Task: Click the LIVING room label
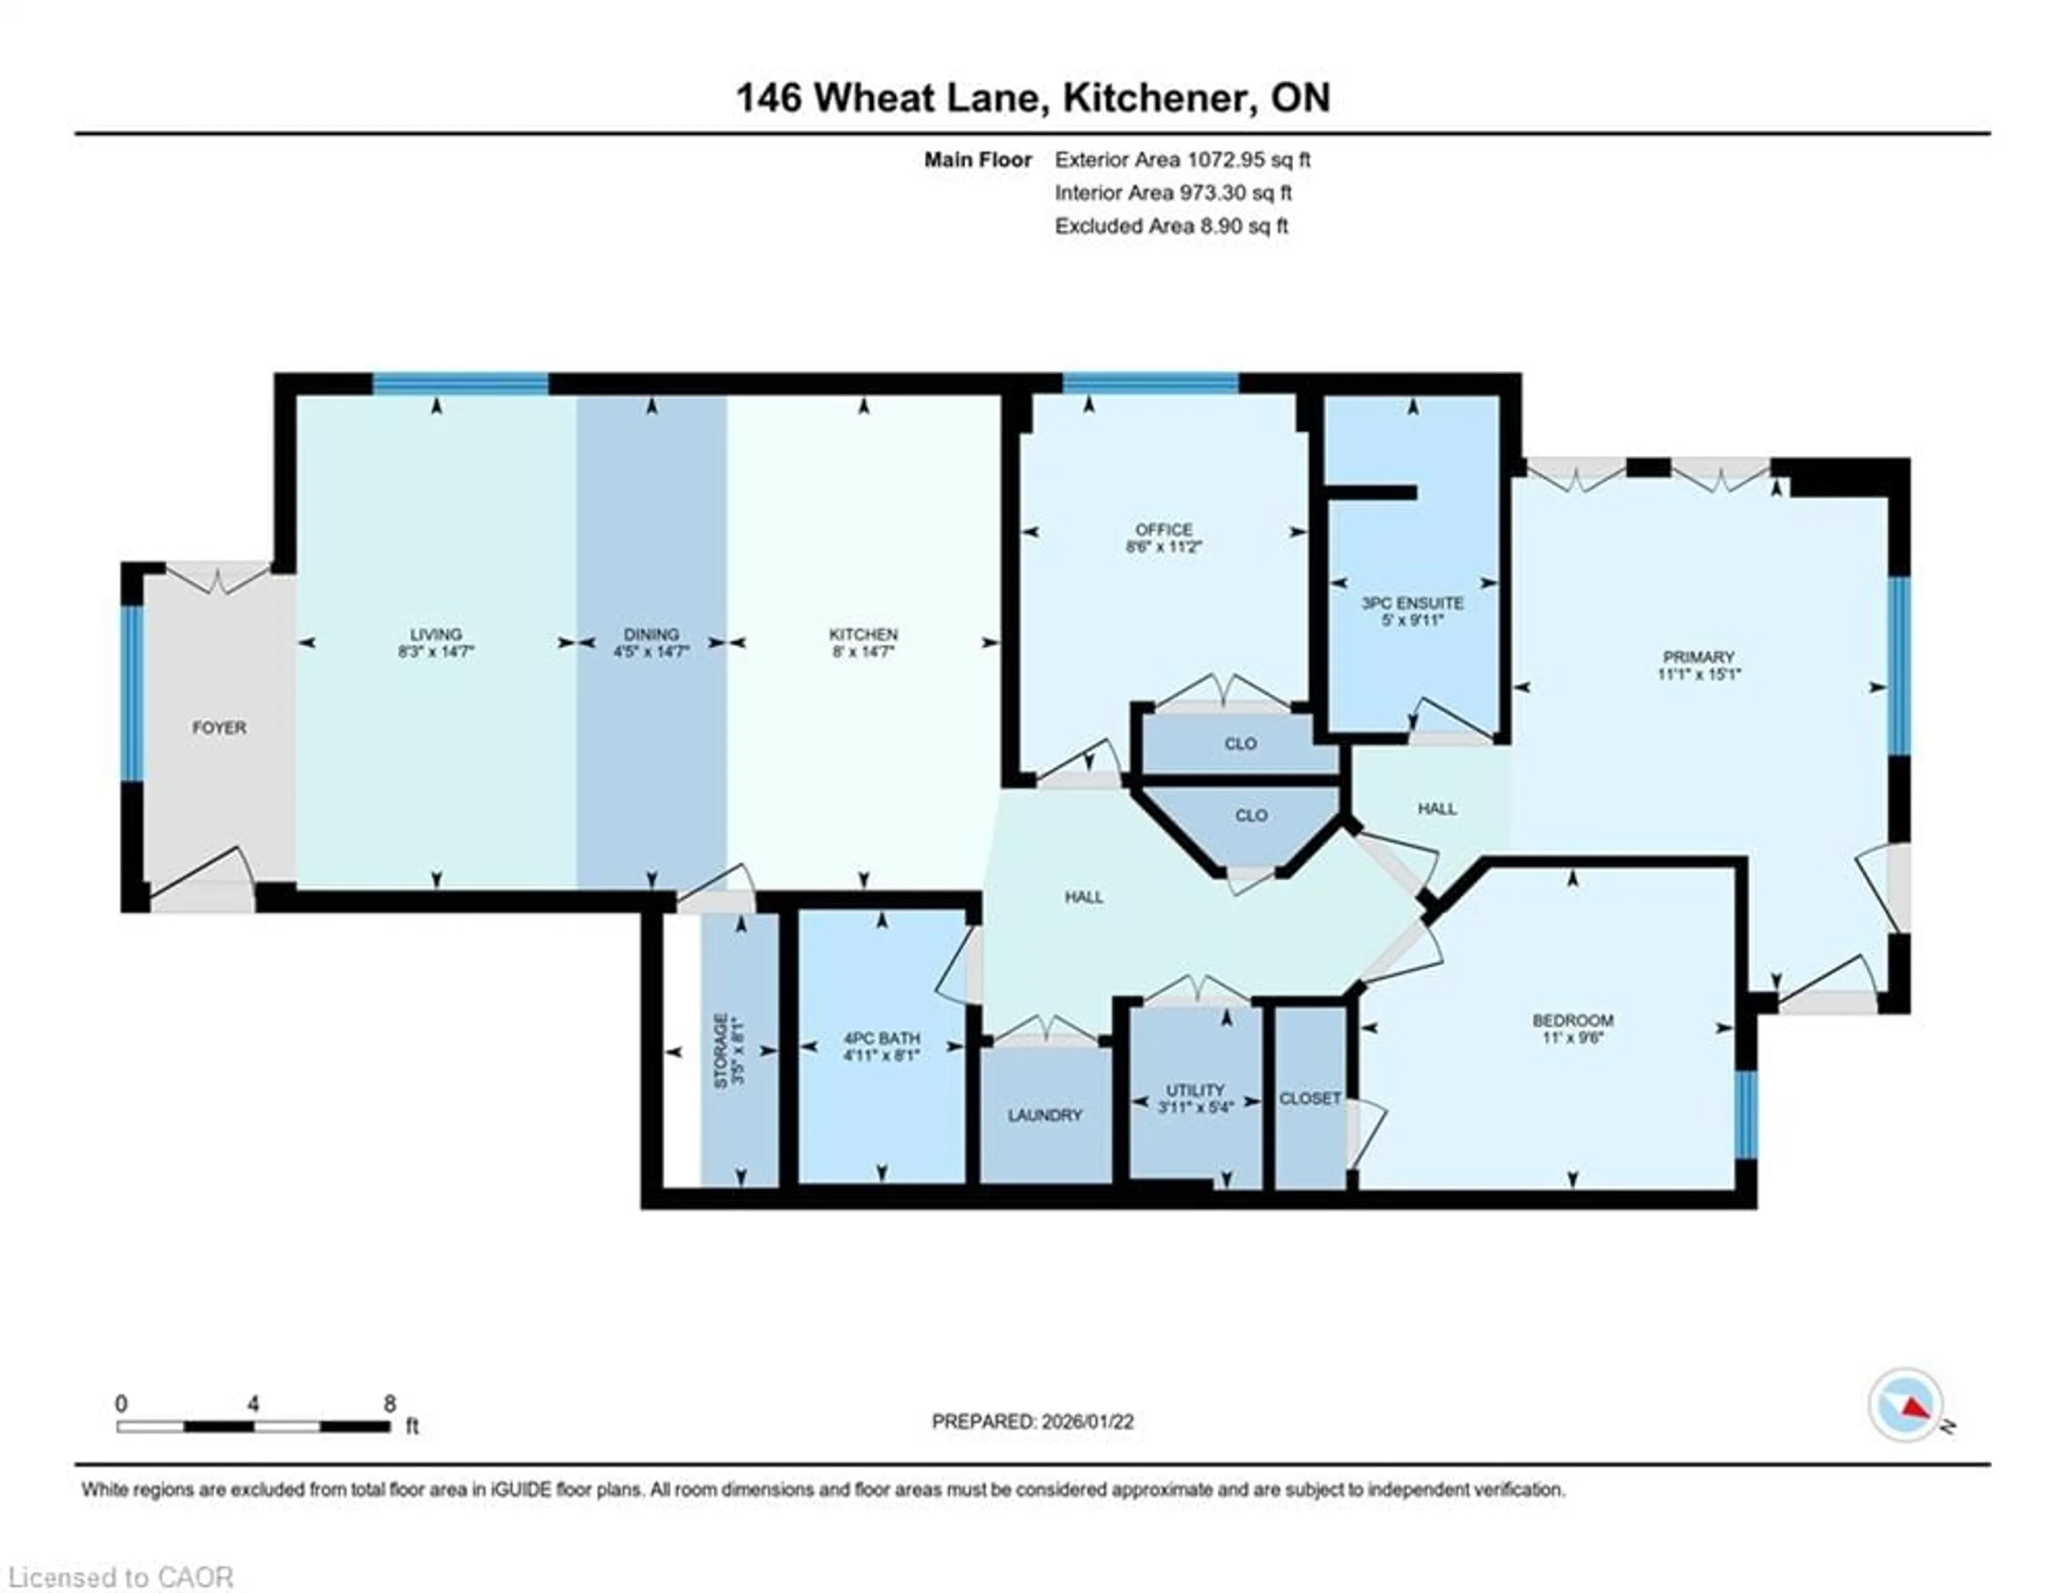point(436,634)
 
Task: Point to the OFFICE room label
point(1163,529)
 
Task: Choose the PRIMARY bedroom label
point(1698,657)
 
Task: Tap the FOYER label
point(219,728)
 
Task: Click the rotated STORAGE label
point(721,1051)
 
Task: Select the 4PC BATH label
point(881,1037)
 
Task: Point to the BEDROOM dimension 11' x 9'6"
point(1573,1037)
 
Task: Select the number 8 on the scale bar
point(389,1404)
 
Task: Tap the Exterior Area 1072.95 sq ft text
point(1182,160)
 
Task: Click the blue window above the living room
point(460,384)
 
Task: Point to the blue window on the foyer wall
point(132,693)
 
